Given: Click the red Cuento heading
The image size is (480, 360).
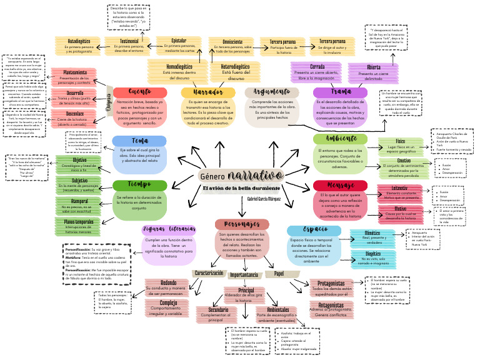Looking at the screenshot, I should point(131,92).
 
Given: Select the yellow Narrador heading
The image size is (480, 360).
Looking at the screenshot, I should point(199,92).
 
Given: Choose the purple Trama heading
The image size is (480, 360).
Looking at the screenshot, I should point(341,92).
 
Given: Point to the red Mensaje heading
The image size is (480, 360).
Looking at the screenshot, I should point(340,186).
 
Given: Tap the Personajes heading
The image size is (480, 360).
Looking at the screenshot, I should point(242,224).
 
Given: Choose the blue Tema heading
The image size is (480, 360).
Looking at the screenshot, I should point(139,141).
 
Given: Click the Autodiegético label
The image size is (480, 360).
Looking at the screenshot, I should point(79,41).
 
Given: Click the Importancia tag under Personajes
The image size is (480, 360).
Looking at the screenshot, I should point(244,274).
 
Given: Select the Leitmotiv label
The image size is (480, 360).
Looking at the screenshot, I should point(399,188).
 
